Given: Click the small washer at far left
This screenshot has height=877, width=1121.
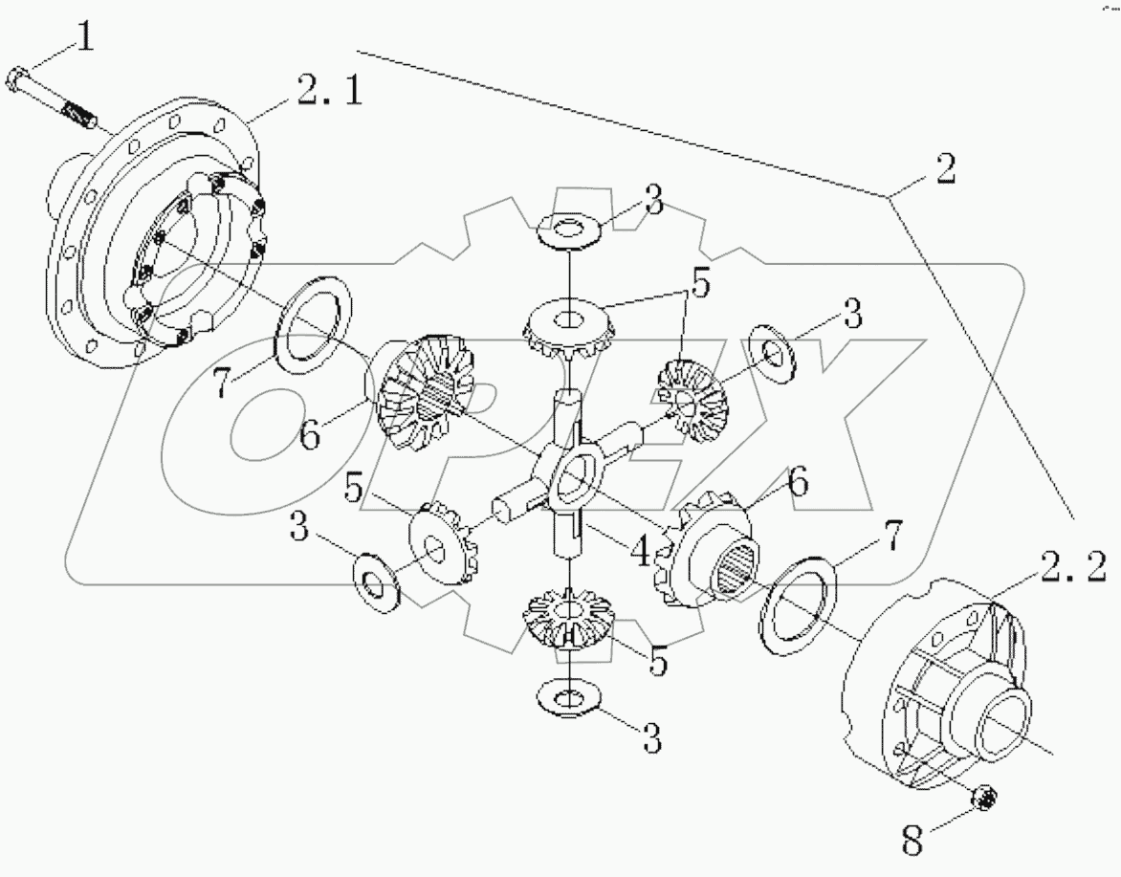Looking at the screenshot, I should coord(375,577).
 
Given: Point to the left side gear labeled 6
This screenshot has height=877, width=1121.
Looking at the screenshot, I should coord(423,389).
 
